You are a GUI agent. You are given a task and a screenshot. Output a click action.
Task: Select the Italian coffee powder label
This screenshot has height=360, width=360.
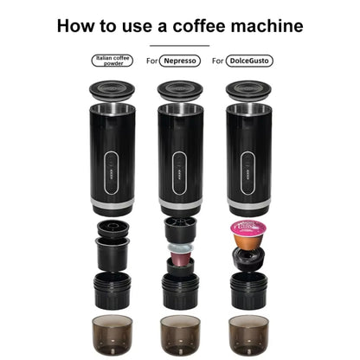pos(112,61)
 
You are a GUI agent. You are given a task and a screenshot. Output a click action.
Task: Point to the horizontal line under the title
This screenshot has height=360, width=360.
pos(179,45)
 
